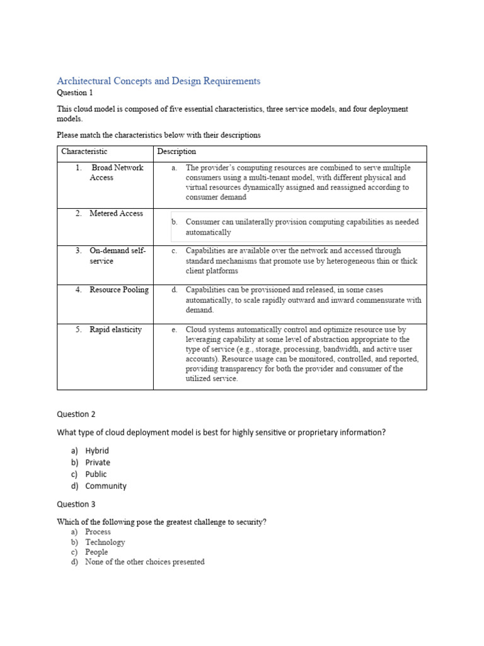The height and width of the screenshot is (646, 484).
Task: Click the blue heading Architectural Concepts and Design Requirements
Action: pyautogui.click(x=158, y=81)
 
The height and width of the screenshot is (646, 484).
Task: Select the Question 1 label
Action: pyautogui.click(x=74, y=92)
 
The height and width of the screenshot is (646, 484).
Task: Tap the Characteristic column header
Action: pyautogui.click(x=84, y=151)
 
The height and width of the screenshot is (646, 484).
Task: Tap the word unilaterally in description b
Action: pyautogui.click(x=251, y=222)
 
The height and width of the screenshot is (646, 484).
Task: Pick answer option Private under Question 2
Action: pyautogui.click(x=98, y=462)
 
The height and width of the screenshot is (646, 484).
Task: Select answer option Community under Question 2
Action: pyautogui.click(x=106, y=486)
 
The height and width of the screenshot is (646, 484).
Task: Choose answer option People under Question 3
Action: pyautogui.click(x=96, y=552)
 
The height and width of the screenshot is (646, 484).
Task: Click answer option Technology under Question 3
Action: pyautogui.click(x=105, y=542)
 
